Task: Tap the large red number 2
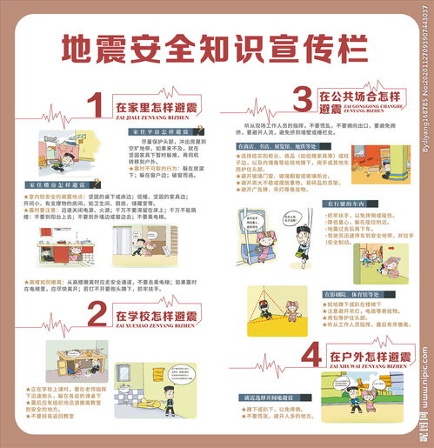[x=97, y=315]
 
